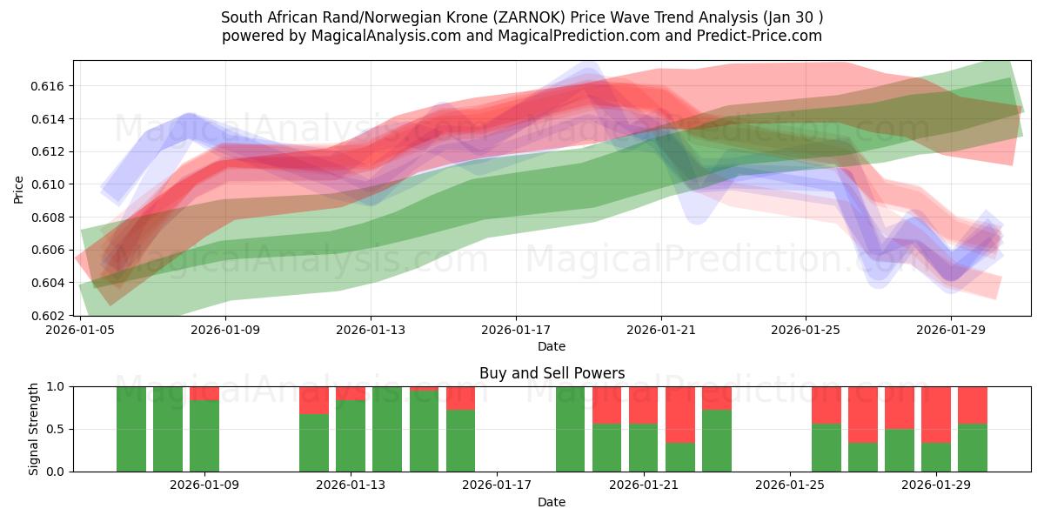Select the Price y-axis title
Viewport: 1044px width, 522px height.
tap(19, 188)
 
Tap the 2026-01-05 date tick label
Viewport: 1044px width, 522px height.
tap(81, 331)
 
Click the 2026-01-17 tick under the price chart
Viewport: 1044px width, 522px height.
tap(516, 331)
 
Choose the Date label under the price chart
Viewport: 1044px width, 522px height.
tap(552, 346)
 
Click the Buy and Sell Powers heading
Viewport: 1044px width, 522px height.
tap(552, 373)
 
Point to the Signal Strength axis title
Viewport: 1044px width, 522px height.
tap(34, 428)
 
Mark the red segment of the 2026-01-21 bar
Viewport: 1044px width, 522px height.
tap(644, 405)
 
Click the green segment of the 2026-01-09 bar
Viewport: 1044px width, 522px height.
tap(204, 437)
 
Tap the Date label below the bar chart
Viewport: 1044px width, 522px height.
tap(552, 502)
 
